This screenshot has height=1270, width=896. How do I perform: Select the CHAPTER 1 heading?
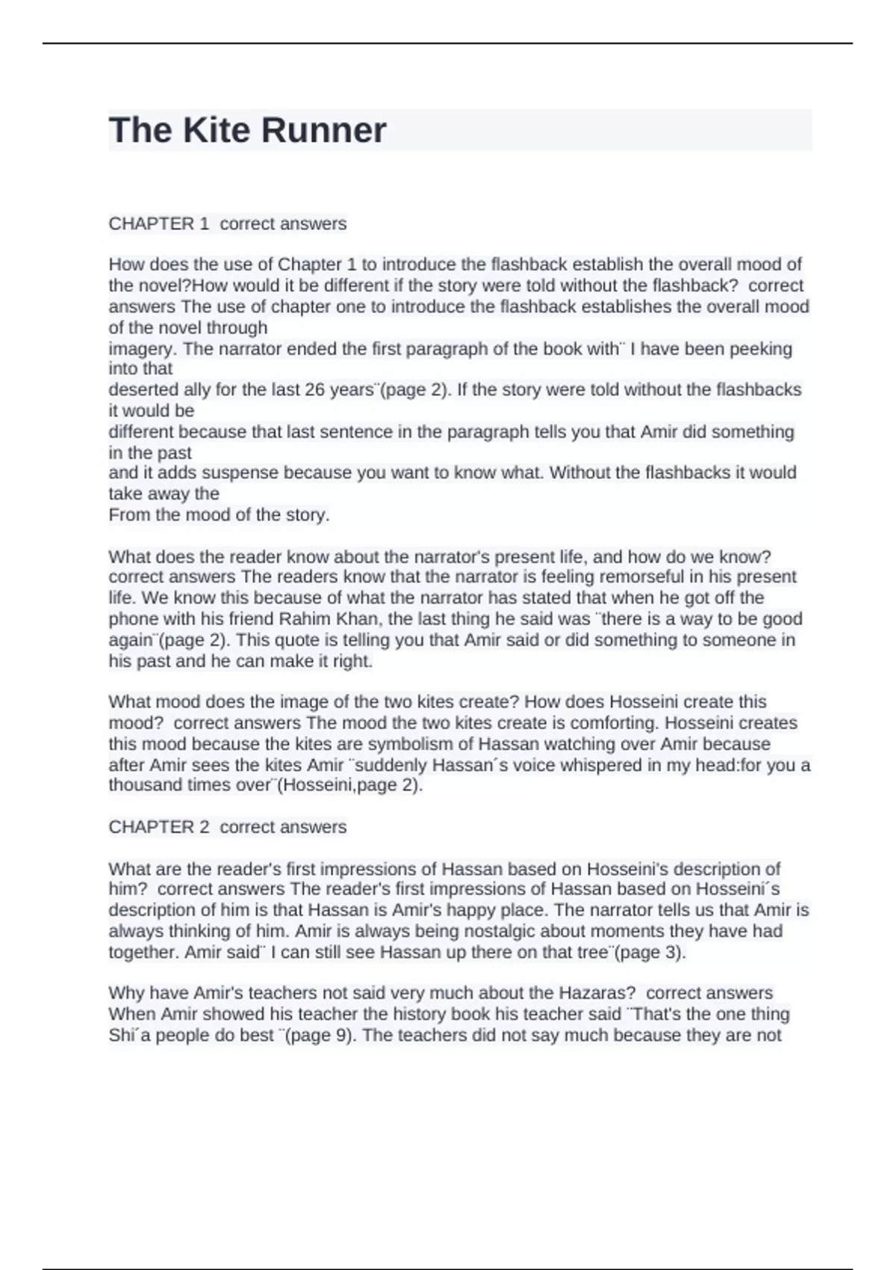(159, 223)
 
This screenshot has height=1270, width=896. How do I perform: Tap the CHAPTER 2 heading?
(159, 827)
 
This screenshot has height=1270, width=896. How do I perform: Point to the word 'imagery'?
(142, 349)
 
